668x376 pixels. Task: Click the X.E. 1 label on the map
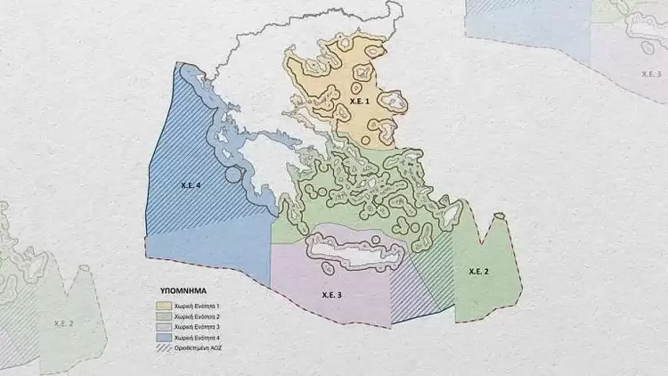360,102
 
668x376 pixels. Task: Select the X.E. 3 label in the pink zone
331,293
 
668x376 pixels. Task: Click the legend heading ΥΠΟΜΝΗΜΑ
183,290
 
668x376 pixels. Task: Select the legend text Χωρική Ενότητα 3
197,328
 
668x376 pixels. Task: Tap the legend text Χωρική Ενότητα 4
197,339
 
